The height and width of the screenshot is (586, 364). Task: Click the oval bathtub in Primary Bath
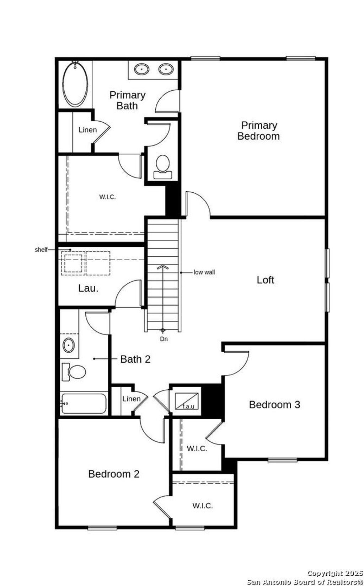(x=75, y=84)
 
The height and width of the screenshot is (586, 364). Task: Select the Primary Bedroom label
(x=258, y=130)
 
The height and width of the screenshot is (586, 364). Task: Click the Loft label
(x=265, y=280)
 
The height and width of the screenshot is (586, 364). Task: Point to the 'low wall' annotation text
(x=204, y=272)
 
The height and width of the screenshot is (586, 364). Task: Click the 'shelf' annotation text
(x=41, y=250)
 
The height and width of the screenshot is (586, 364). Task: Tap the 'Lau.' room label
(x=88, y=288)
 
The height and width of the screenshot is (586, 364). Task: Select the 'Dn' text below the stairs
(x=164, y=339)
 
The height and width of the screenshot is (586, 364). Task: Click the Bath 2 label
(x=135, y=359)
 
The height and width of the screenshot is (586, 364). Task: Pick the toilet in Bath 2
(x=75, y=372)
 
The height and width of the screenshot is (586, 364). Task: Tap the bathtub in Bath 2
(x=84, y=404)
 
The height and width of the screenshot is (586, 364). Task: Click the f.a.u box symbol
(x=187, y=401)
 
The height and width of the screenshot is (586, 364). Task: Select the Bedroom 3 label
(x=274, y=405)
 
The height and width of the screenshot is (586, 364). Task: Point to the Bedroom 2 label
(x=114, y=474)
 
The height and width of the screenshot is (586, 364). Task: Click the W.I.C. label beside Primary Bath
(x=107, y=197)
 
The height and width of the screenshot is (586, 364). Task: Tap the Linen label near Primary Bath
(x=87, y=130)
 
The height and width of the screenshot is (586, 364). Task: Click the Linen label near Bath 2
(x=131, y=399)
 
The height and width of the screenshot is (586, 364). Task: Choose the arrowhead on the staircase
(x=162, y=267)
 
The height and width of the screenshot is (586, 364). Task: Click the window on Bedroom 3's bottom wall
(x=282, y=460)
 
